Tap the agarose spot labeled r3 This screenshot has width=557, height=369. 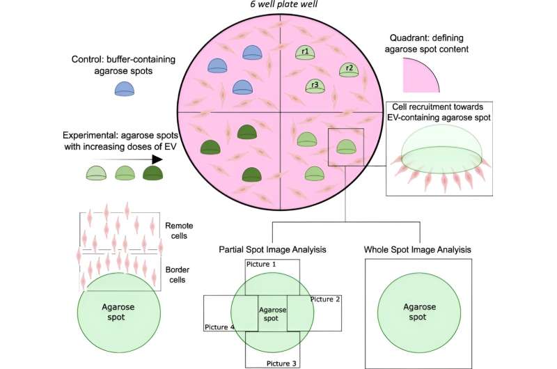pos(315,86)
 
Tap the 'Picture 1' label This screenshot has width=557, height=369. pos(263,265)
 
